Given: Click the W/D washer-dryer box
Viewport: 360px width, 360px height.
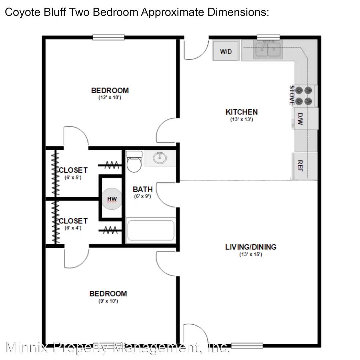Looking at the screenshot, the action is click(x=226, y=51).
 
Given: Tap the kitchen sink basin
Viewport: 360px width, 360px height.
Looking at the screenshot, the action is click(x=268, y=49).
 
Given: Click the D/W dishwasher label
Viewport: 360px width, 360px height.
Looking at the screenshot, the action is click(x=300, y=119).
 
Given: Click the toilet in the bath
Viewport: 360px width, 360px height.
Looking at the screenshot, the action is click(x=134, y=161).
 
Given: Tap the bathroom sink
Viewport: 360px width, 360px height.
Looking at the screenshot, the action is click(x=160, y=158).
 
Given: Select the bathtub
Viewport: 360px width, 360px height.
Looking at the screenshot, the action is click(x=151, y=230).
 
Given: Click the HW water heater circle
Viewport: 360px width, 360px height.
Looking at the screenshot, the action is click(x=112, y=199).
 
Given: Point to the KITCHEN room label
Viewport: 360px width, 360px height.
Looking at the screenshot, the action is click(x=242, y=112).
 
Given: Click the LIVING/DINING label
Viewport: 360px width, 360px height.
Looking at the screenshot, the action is click(x=251, y=247).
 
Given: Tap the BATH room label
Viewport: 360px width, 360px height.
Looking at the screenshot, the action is click(x=143, y=189).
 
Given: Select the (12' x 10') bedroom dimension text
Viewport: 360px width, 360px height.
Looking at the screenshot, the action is click(x=110, y=97).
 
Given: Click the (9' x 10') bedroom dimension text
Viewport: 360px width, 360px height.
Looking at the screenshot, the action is click(x=108, y=301).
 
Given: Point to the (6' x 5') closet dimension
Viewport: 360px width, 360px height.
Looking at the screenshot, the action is click(x=73, y=177).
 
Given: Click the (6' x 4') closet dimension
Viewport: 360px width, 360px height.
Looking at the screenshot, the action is click(x=73, y=228).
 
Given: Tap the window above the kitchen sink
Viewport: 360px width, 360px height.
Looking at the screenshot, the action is click(x=268, y=37).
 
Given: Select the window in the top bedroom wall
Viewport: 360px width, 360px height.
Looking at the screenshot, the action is click(x=108, y=37).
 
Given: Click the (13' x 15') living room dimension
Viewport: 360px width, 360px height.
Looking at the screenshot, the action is click(x=251, y=254).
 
